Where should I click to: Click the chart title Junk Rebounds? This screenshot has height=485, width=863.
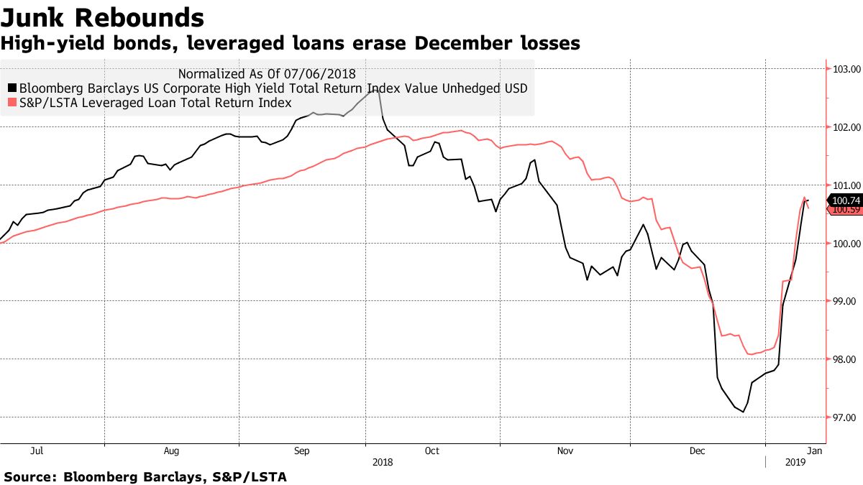coord(102,17)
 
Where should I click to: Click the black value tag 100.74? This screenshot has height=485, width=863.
coord(847,200)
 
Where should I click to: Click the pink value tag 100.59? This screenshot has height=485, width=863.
coord(847,210)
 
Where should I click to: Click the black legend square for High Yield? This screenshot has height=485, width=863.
coord(12,88)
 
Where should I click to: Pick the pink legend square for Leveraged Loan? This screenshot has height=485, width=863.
coord(12,103)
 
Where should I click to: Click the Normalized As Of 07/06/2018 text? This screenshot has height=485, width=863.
coord(267,73)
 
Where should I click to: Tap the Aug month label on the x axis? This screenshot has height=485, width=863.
coord(171,451)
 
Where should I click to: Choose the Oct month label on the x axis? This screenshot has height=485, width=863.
coord(432,451)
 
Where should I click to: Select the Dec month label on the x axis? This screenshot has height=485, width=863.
coord(697,451)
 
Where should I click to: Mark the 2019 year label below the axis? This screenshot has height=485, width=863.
coord(795,465)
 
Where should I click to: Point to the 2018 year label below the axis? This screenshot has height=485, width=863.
coord(383,465)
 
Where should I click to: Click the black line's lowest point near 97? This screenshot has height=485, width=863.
coord(743,412)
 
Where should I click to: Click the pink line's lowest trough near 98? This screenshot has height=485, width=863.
coord(750,354)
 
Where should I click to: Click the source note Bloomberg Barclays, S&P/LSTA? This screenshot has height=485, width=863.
coord(145,476)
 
